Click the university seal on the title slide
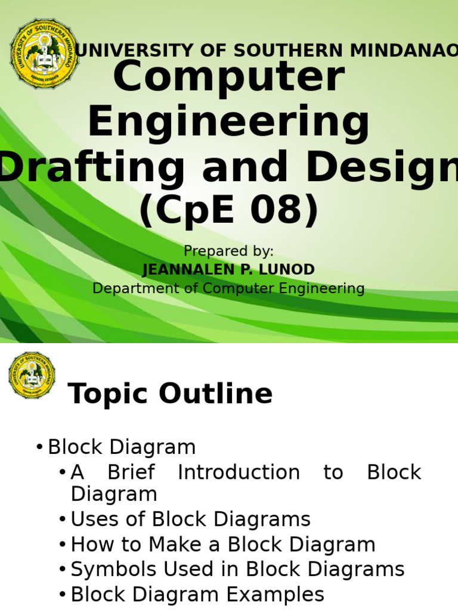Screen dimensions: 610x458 click(45, 54)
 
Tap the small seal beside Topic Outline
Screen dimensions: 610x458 click(32, 375)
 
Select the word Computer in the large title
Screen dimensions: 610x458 click(228, 78)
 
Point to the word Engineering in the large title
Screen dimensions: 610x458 click(228, 123)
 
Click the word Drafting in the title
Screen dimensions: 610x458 click(92, 167)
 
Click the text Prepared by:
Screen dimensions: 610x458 click(228, 251)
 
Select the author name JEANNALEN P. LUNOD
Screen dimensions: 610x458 click(228, 270)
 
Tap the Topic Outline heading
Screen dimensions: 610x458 click(170, 394)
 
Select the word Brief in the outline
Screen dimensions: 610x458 click(131, 472)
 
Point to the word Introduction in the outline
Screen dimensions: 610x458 click(239, 472)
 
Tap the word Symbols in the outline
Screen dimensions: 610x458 click(110, 569)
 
